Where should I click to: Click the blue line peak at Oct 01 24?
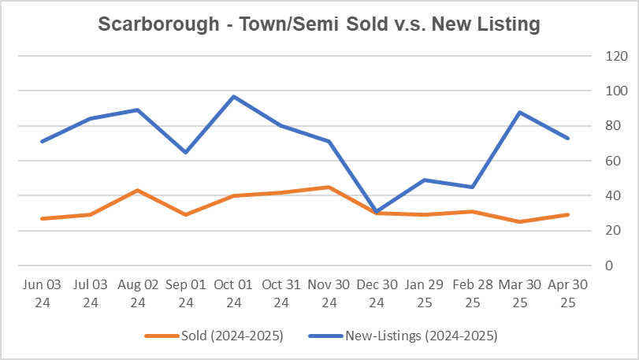tap(233, 96)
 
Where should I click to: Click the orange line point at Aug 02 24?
tap(139, 190)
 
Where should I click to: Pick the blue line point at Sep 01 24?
tap(186, 152)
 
